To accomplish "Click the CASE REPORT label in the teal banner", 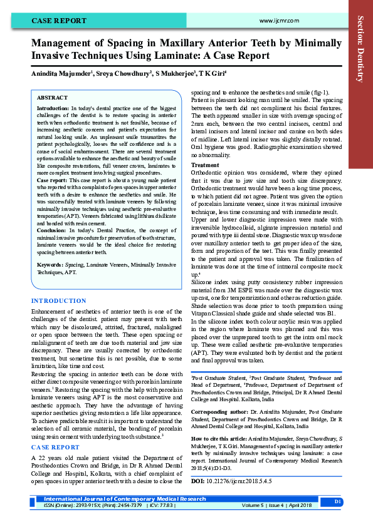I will click(x=60, y=21).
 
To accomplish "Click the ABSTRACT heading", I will click(x=52, y=98).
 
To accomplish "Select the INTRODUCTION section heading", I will click(x=59, y=301).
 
